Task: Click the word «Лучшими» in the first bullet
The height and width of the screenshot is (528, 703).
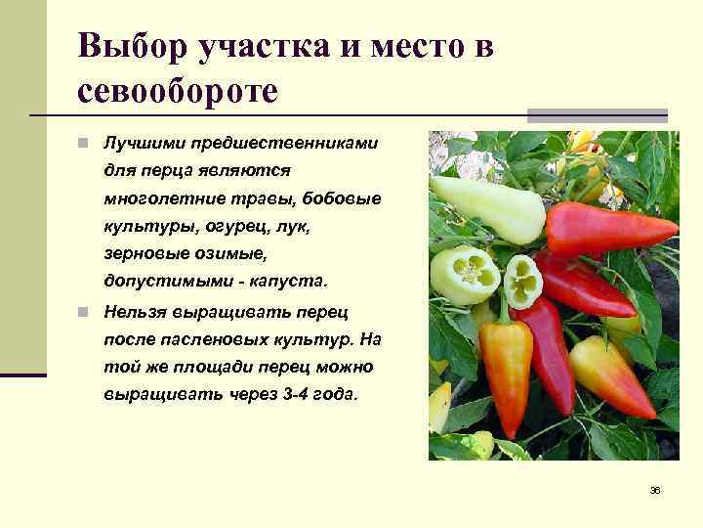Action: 142,143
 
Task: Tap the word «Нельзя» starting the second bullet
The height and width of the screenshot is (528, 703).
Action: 138,313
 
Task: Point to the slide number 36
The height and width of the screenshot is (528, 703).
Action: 655,490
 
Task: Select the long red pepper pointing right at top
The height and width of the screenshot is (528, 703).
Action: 605,228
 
